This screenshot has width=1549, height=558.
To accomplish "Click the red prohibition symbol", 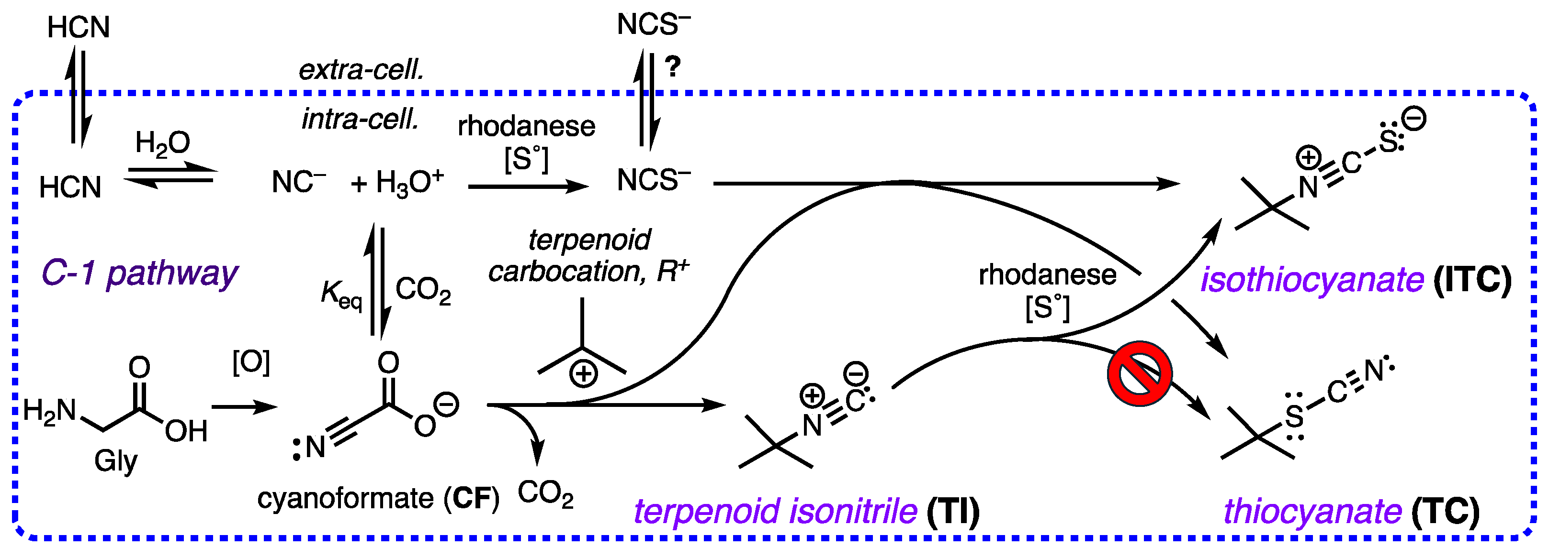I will (x=1139, y=373).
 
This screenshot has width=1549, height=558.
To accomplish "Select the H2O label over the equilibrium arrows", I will (x=162, y=143).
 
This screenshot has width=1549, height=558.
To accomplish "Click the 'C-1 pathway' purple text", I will (x=139, y=274).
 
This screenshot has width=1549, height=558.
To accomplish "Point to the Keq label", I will (x=340, y=295).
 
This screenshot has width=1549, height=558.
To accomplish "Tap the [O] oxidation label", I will (x=251, y=362).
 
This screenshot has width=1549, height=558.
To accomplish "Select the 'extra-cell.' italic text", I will (x=362, y=70).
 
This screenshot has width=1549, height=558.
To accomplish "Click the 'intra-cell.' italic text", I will (x=360, y=119).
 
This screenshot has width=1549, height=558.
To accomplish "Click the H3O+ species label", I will (x=409, y=182).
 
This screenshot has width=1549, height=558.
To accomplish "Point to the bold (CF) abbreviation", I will (x=472, y=499).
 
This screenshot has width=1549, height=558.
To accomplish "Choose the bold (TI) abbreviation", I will (x=953, y=512).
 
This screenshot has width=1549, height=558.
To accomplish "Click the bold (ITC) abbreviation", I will (x=1471, y=280).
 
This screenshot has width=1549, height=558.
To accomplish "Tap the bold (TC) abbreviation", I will (x=1446, y=512).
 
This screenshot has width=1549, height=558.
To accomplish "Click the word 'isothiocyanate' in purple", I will (x=1312, y=280).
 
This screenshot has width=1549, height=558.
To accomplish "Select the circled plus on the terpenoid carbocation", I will (x=583, y=374).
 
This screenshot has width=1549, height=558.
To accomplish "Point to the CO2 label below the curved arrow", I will (x=545, y=494).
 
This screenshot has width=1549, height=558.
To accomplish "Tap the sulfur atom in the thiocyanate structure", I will (x=1294, y=416).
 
